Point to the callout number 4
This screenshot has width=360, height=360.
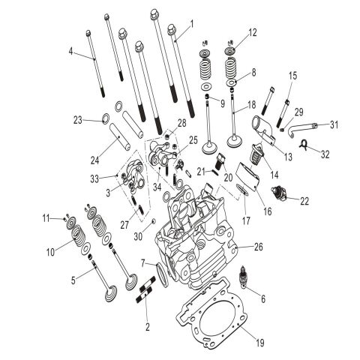point(71,51)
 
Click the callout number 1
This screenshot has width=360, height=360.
point(192,24)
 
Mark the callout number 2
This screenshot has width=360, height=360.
point(148,327)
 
